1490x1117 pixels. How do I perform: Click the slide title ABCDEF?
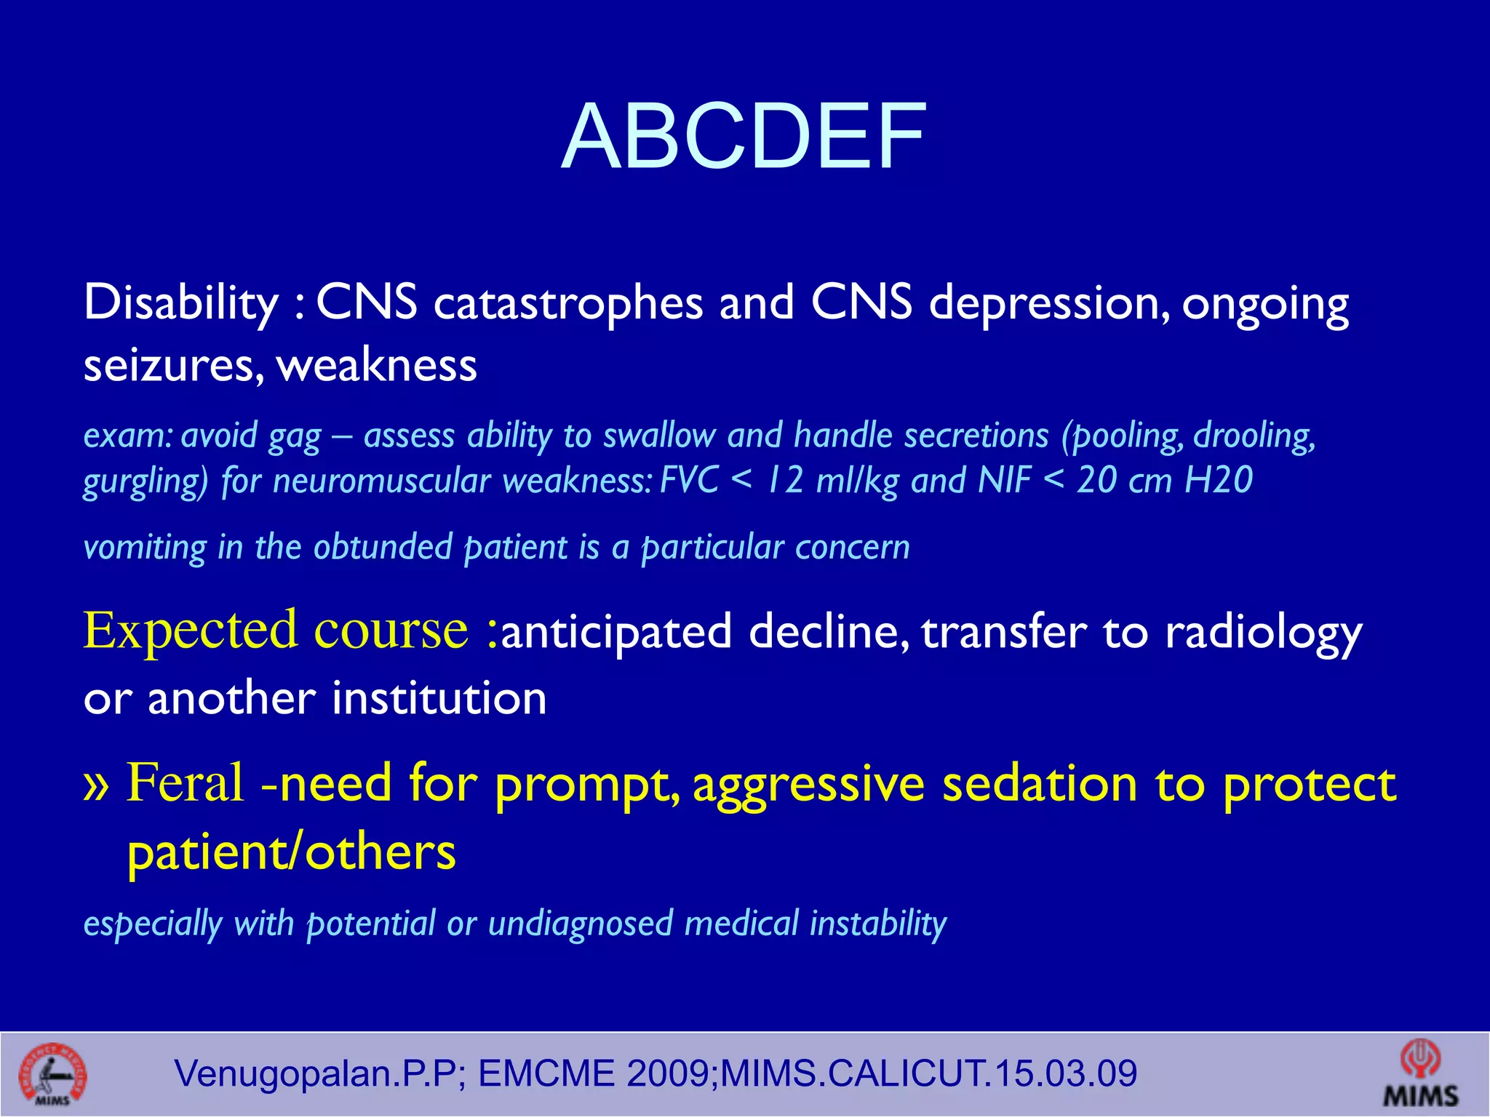coord(744,137)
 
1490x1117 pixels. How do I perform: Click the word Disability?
coord(181,303)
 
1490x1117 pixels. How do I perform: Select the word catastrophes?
coord(568,303)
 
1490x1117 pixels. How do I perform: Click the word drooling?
coord(1254,436)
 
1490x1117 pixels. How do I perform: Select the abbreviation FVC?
coord(689,480)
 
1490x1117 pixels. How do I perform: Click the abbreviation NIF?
coord(1004,480)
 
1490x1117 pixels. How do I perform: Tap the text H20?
coord(1219,480)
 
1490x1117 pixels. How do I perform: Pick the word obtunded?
coord(383,547)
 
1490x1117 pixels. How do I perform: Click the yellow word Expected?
coord(190,630)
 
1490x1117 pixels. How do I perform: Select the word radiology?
coord(1263,633)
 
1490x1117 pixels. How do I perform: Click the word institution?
coord(439,698)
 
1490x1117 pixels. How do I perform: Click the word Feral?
coord(185,782)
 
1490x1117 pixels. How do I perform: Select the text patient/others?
coord(291,852)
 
